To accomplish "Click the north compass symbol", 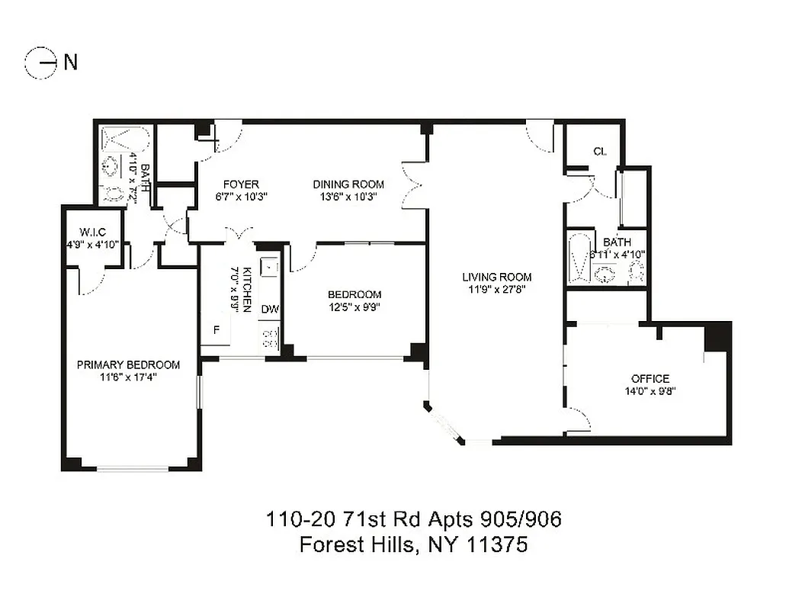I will click(x=42, y=63).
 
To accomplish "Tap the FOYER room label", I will click(x=241, y=185).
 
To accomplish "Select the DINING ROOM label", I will click(x=348, y=185).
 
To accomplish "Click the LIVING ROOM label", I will click(x=496, y=277).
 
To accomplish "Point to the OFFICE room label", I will click(x=649, y=378).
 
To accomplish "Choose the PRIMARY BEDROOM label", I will click(x=128, y=364).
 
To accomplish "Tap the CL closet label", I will click(x=599, y=151).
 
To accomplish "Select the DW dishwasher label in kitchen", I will click(x=270, y=310).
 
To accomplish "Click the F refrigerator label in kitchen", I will click(x=216, y=330).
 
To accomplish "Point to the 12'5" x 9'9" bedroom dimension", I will click(x=354, y=307).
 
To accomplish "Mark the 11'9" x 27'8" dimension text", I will click(x=496, y=289).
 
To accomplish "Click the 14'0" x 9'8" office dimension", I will click(x=649, y=390).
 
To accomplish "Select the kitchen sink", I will click(x=268, y=268).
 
